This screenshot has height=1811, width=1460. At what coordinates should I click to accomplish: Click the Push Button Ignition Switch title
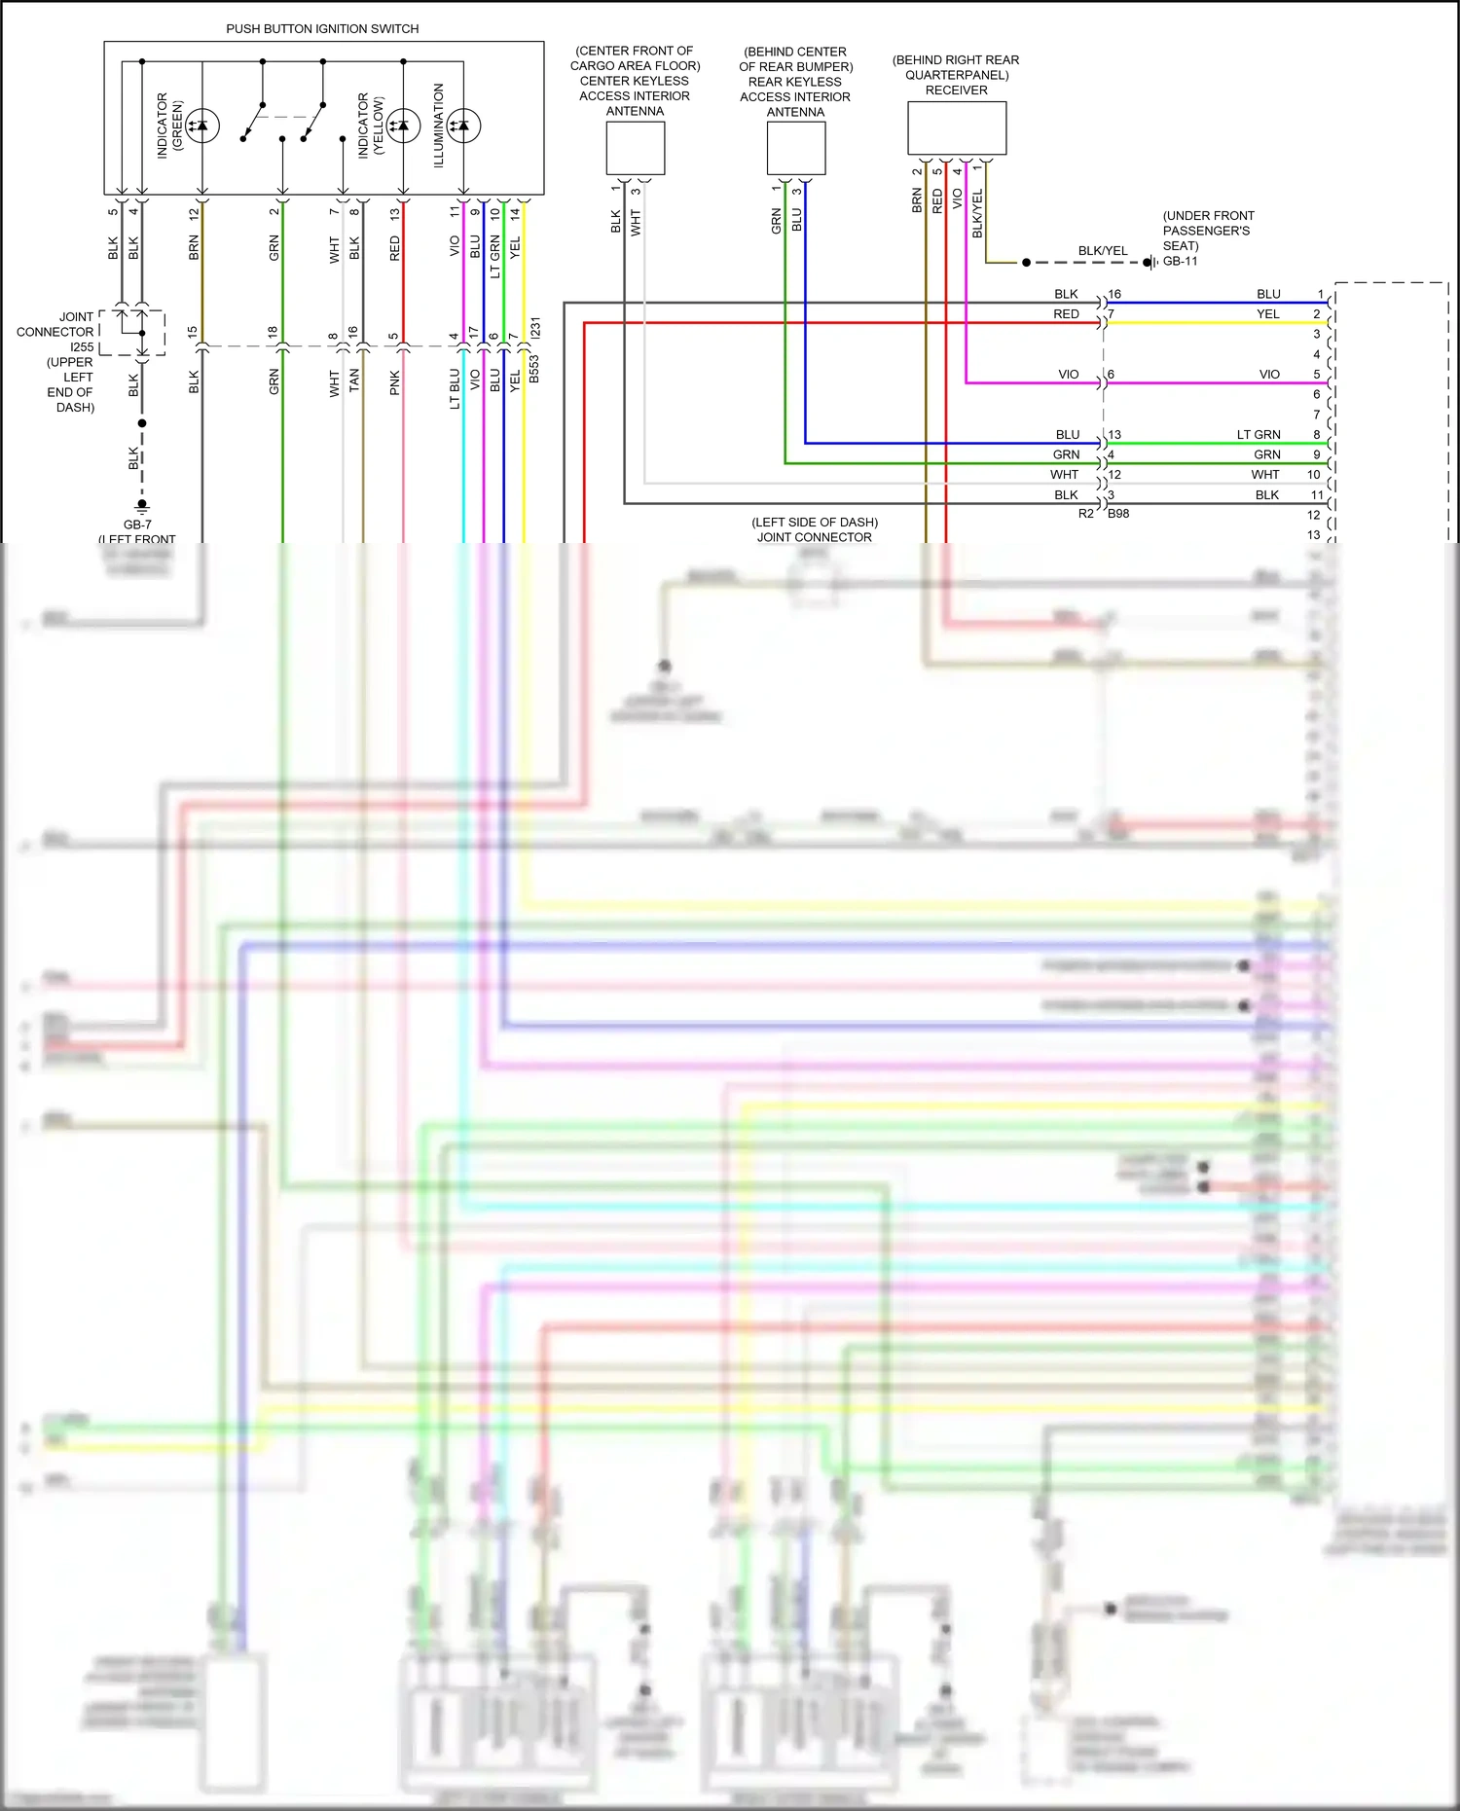coord(322,29)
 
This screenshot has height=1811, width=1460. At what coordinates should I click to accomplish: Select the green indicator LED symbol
coord(202,126)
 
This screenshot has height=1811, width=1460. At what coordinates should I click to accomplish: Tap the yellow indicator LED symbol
coord(403,126)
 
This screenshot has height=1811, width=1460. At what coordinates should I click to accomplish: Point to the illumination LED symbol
coord(463,126)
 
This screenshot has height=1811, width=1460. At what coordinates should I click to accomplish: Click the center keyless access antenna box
coord(635,148)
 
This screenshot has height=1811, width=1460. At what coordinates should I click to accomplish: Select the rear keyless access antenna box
coord(795,149)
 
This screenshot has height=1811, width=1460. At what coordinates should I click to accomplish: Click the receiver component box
coord(956,128)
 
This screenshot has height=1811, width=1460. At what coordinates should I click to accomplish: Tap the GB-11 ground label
coord(1180,262)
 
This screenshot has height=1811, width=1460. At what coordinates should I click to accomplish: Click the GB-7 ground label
coord(137,525)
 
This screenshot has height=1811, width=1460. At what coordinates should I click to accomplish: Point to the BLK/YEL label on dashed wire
coord(1102,251)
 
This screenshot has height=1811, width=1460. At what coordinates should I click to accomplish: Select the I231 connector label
coord(535,328)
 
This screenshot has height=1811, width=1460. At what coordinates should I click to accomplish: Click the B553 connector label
coord(534,370)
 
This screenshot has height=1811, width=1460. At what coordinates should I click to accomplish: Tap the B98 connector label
coord(1118,514)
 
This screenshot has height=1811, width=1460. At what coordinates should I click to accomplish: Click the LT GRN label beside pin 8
coord(1259,435)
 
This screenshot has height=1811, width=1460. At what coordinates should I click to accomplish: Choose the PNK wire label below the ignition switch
coord(395,381)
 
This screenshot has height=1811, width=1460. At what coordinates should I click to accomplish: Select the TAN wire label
coord(354,380)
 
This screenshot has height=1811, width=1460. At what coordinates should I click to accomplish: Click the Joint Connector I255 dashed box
coord(133,333)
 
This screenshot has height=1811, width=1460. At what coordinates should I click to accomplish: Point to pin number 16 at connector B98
coord(1114,294)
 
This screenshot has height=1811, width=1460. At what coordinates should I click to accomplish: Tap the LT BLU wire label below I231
coord(455,388)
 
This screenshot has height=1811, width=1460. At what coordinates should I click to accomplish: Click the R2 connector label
coord(1085,514)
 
